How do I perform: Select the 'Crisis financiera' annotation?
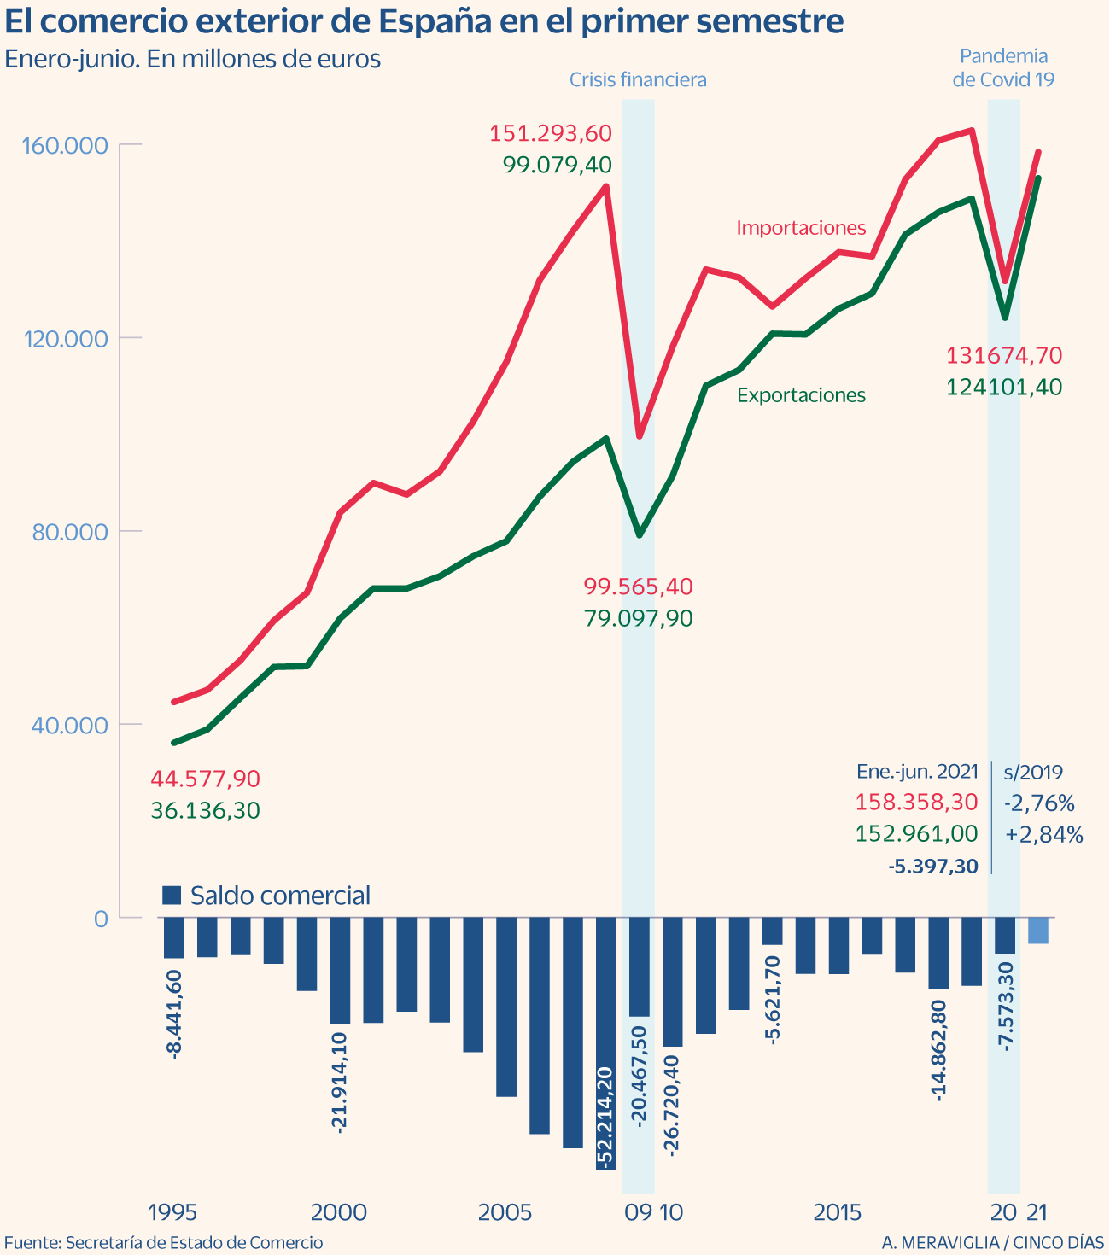click(x=638, y=80)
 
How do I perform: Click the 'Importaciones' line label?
click(x=801, y=229)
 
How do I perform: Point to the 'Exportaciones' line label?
click(x=801, y=395)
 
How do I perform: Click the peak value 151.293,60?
click(x=551, y=134)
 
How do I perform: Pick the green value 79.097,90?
click(x=638, y=619)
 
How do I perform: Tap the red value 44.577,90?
click(x=205, y=779)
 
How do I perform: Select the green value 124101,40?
click(x=1004, y=388)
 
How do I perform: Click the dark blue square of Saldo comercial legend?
click(x=172, y=896)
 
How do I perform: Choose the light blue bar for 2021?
click(x=1038, y=931)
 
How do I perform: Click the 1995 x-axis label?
click(x=173, y=1213)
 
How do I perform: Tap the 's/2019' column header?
click(x=1033, y=773)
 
